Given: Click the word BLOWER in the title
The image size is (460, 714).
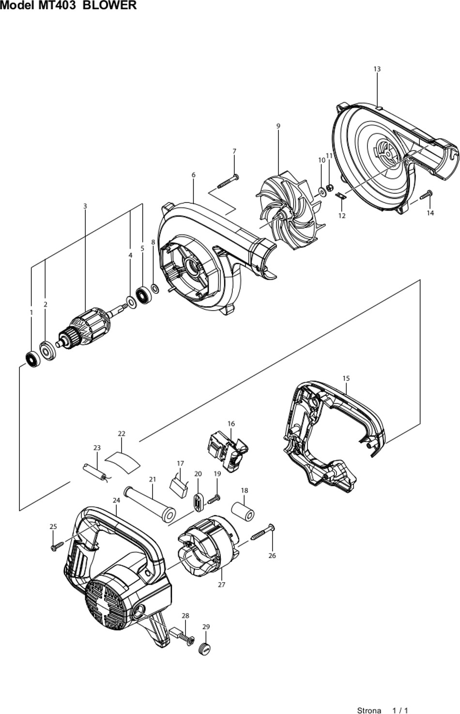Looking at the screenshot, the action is (109, 5).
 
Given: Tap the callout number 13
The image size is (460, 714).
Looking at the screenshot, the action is (377, 69).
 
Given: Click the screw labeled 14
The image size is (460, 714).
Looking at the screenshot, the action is (426, 195).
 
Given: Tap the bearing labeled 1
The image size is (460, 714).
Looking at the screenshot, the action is (33, 359).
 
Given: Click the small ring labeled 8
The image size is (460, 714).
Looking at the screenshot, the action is (155, 289).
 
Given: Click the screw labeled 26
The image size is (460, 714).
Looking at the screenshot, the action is (262, 532).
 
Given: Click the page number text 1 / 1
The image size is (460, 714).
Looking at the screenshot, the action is (400, 710).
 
